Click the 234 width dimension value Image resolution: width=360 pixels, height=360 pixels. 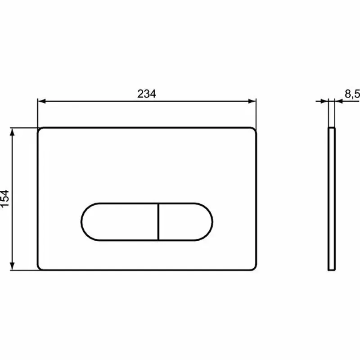tap(147, 94)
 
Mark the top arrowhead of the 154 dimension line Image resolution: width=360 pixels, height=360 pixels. tap(13, 131)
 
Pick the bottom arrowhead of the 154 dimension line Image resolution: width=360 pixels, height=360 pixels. tap(13, 267)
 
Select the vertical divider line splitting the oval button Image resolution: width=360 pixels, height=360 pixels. tap(159, 221)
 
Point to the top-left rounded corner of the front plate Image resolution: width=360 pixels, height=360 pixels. tap(40, 130)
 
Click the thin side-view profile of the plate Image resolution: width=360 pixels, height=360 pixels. tap(332, 198)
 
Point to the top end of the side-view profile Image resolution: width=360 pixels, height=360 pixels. tap(332, 129)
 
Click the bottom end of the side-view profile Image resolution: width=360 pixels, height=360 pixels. tap(332, 270)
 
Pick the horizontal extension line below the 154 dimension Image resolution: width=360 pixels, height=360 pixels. tap(22, 270)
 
